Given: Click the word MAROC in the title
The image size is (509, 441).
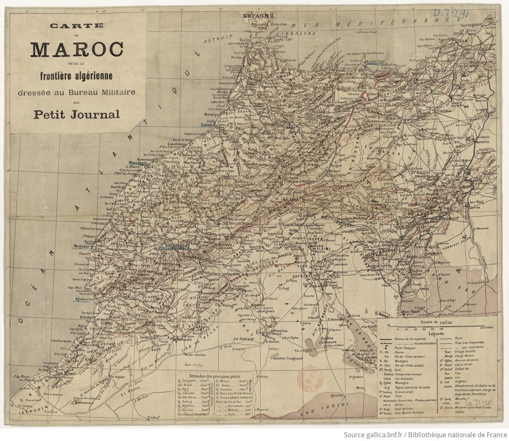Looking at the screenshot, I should point(76,50).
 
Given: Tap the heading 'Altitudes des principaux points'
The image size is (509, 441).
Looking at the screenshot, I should point(215,376).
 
